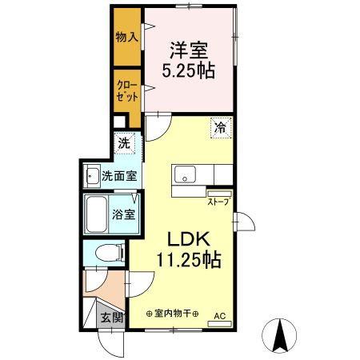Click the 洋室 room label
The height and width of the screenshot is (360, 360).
pyautogui.click(x=188, y=48)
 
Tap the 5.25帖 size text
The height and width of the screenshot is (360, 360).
pyautogui.click(x=188, y=69)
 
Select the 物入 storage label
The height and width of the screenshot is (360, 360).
pyautogui.click(x=126, y=38)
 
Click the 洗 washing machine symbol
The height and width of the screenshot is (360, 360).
pyautogui.click(x=124, y=144)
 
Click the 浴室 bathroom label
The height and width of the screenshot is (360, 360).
pyautogui.click(x=123, y=214)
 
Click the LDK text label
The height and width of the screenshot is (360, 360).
pyautogui.click(x=189, y=239)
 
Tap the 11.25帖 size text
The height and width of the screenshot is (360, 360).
pyautogui.click(x=189, y=260)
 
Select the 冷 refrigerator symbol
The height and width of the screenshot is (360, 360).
pyautogui.click(x=218, y=127)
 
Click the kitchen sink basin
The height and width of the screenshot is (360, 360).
pyautogui.click(x=184, y=174)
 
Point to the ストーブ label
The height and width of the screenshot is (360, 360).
pyautogui.click(x=218, y=202)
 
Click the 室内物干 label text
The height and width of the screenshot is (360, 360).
pyautogui.click(x=172, y=314)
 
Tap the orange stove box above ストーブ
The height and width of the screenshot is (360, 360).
pyautogui.click(x=218, y=193)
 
